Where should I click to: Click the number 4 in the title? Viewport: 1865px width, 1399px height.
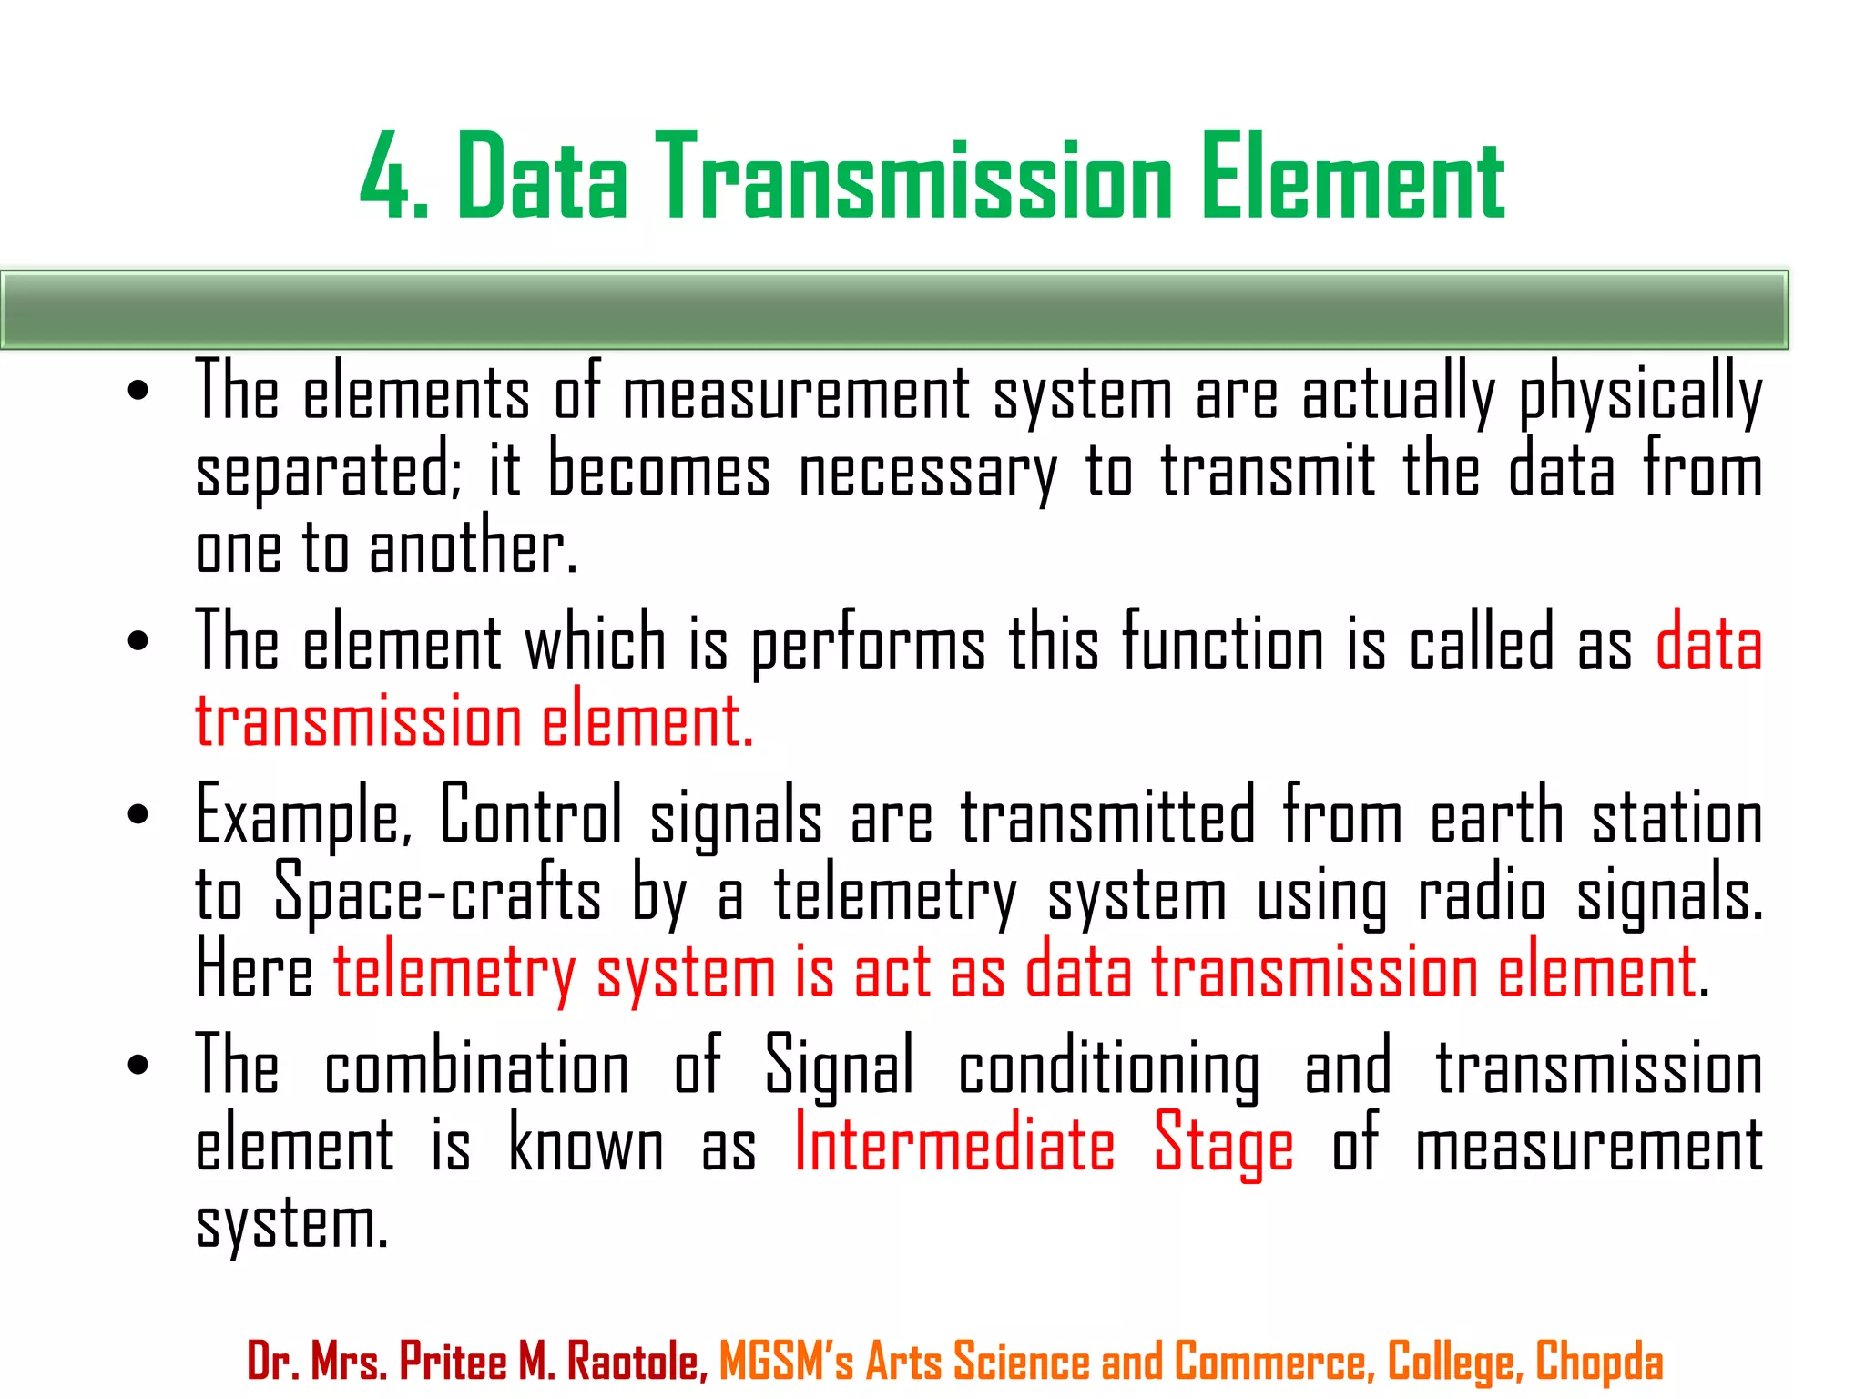click(x=383, y=178)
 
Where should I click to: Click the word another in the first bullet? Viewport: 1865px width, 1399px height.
click(x=473, y=548)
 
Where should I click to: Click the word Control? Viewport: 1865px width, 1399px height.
click(x=531, y=814)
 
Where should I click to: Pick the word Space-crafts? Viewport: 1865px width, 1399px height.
click(x=437, y=893)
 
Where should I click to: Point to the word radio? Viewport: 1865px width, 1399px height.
click(x=1482, y=893)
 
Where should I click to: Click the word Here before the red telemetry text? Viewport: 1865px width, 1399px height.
click(x=254, y=971)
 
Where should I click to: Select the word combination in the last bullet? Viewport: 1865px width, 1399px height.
click(x=476, y=1067)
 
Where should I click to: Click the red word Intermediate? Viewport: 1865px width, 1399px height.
click(x=954, y=1144)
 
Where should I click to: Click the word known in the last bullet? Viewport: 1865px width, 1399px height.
click(x=586, y=1144)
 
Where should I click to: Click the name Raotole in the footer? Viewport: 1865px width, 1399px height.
click(x=637, y=1363)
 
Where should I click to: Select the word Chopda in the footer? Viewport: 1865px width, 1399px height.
click(x=1599, y=1363)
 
